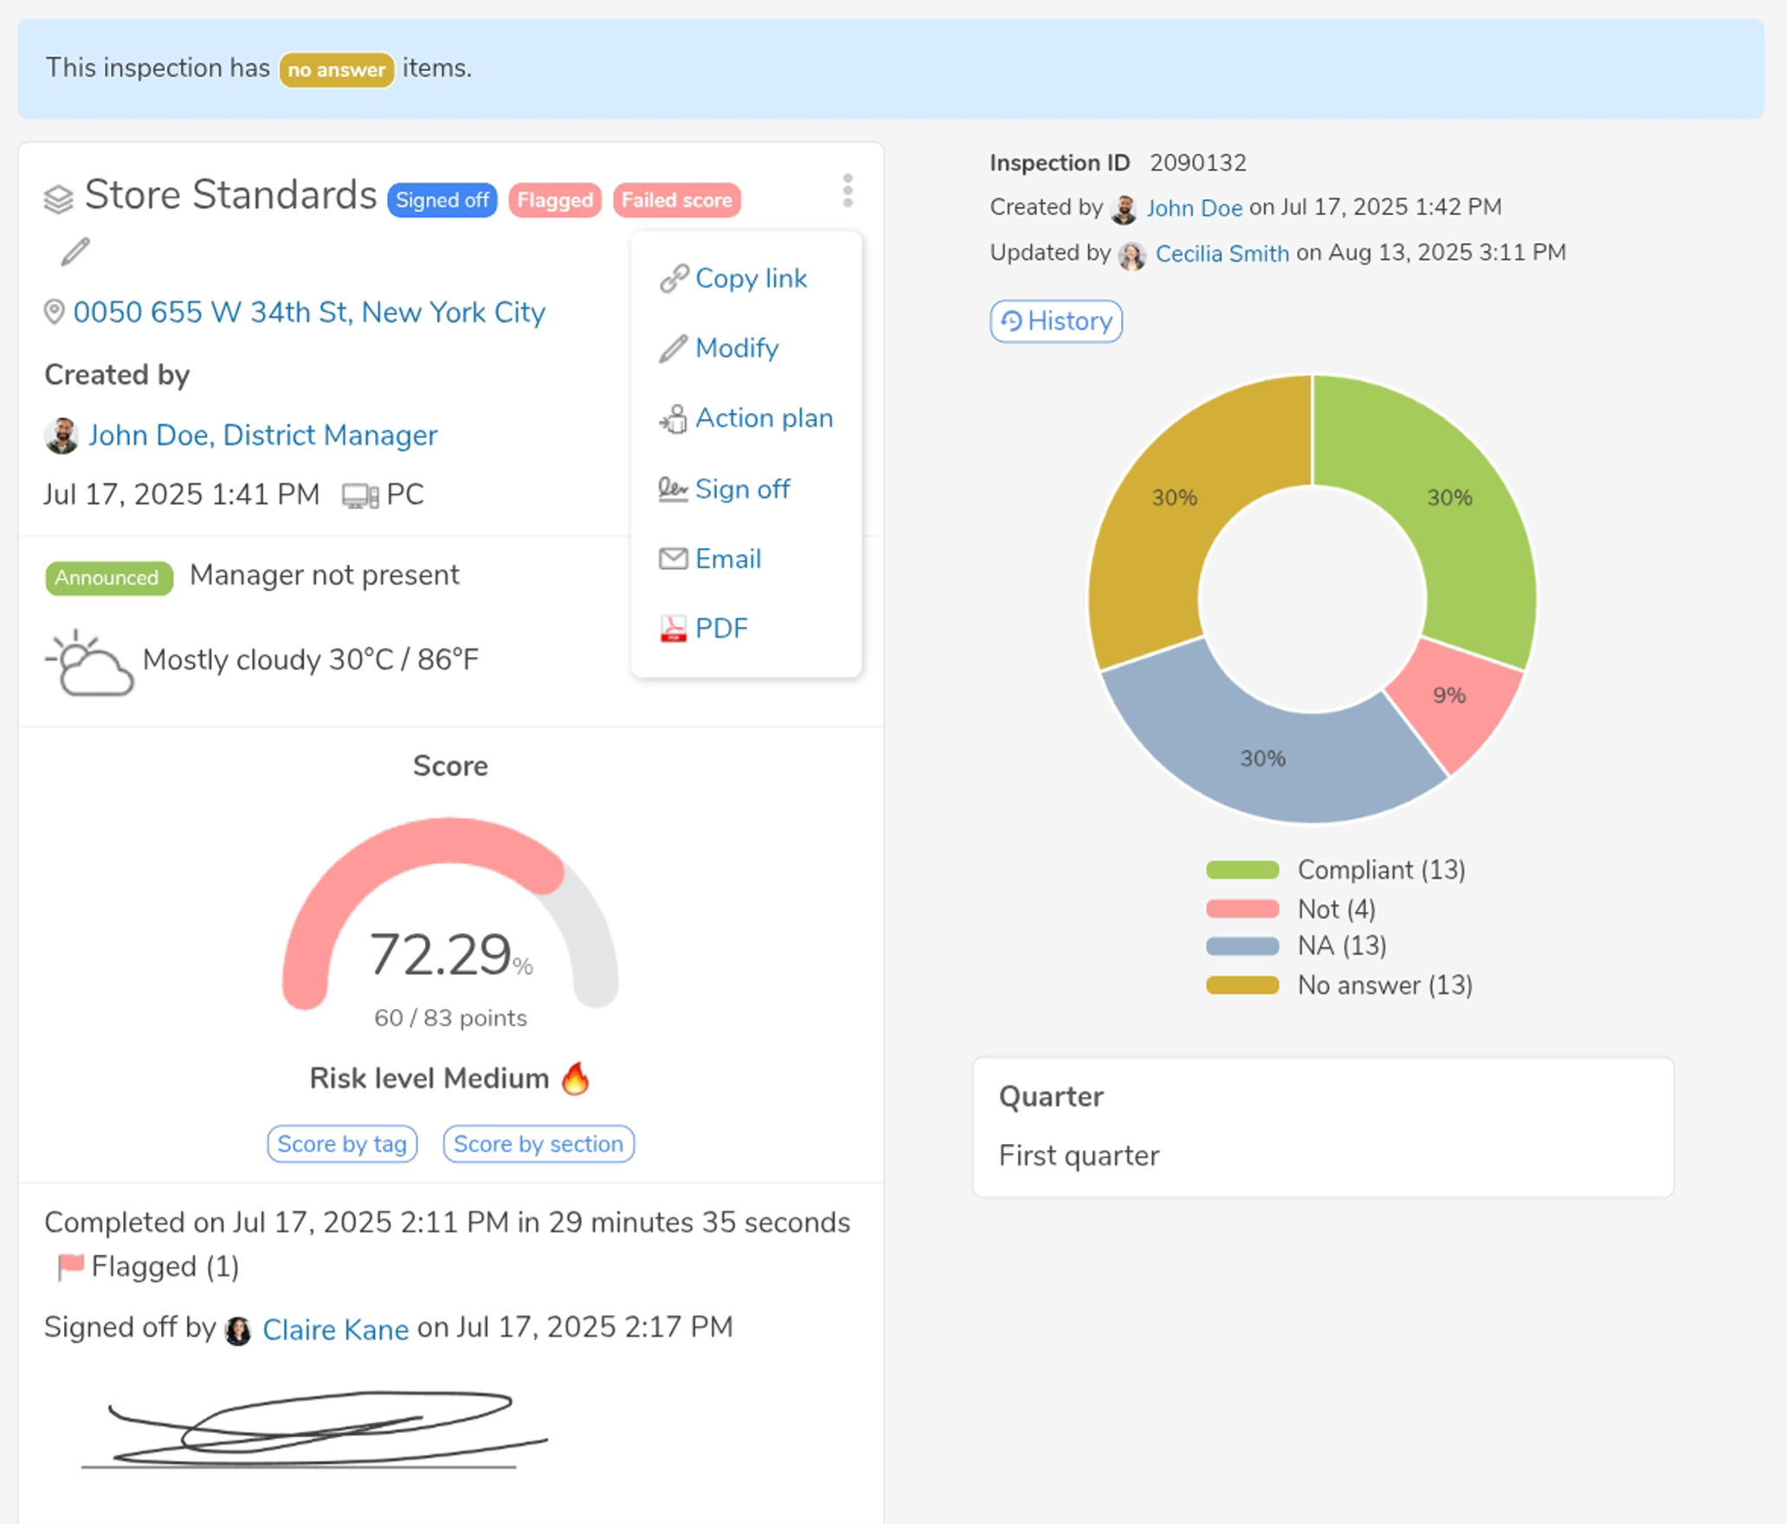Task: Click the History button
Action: pos(1056,321)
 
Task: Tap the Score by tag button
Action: pos(342,1144)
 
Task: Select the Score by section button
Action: pos(538,1144)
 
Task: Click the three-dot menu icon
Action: pos(848,190)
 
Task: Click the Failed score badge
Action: pos(676,200)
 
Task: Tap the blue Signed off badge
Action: pos(442,200)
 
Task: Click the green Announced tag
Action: pos(108,578)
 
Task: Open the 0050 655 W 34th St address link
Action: pos(309,313)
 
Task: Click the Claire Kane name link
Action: pos(335,1329)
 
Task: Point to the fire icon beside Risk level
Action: pos(576,1078)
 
